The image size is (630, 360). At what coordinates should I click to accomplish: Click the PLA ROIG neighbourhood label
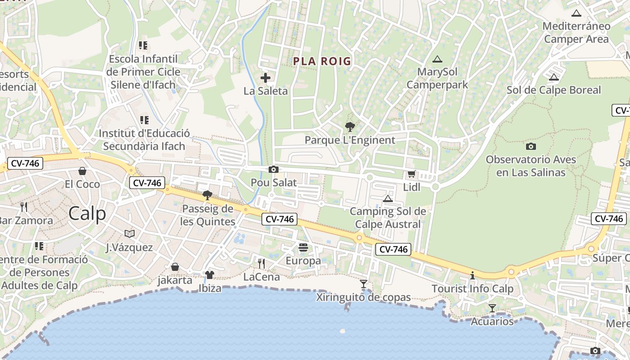coord(322,61)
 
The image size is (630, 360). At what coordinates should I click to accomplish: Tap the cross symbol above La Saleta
coord(265,78)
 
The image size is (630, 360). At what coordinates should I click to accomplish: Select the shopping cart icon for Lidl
coord(411,174)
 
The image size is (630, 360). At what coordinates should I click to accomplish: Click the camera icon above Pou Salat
coord(273,170)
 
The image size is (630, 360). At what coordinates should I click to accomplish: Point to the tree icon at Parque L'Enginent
coord(350,127)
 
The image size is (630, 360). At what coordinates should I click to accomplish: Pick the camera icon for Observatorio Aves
coord(531,146)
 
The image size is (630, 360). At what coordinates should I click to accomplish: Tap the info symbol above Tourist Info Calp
coord(472,275)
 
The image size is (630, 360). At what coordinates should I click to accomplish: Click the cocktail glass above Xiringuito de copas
coord(364,284)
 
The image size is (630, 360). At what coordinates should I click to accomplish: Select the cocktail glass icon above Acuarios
coord(492,308)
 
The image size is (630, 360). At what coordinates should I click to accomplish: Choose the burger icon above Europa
coord(303,247)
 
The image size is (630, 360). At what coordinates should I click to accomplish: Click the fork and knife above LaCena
coord(261,263)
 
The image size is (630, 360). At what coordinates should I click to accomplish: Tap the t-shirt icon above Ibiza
coord(210,274)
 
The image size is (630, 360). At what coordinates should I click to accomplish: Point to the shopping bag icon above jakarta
coord(175,267)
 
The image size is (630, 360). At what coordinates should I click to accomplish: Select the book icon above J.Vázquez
coord(130,234)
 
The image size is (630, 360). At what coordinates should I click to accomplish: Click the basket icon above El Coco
coord(82,171)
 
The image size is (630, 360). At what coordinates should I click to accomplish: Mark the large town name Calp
coord(87,214)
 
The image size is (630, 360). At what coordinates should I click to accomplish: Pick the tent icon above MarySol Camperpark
coord(437,59)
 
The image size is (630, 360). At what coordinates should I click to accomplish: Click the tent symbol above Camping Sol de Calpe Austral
coord(387,198)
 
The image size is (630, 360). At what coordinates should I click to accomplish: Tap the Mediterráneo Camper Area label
coord(576,32)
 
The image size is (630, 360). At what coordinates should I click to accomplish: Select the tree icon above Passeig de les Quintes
coord(207,195)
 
